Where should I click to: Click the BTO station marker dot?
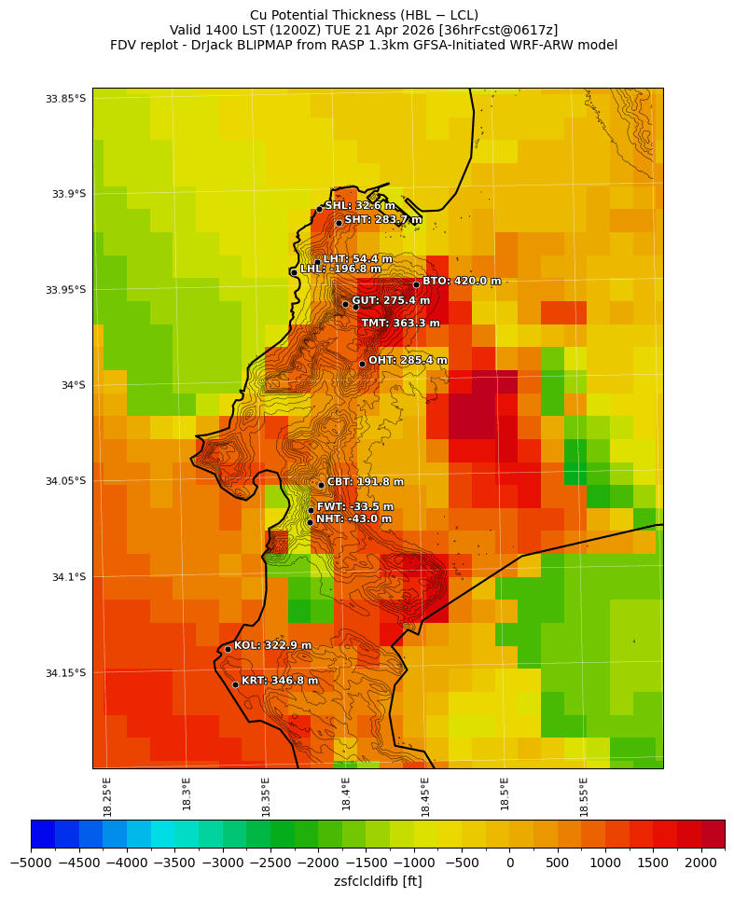(x=416, y=284)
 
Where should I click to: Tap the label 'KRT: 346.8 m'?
(x=280, y=681)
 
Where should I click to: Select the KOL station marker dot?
(x=228, y=649)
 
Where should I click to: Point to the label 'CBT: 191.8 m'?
(x=366, y=482)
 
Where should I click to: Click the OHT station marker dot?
(x=362, y=364)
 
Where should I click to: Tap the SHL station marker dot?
(x=319, y=209)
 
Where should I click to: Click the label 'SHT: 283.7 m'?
(x=383, y=220)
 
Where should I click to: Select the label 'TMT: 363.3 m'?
(x=400, y=324)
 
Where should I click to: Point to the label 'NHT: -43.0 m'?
(x=353, y=519)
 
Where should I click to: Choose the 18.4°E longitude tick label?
(x=346, y=797)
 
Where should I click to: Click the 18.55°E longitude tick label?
(x=585, y=797)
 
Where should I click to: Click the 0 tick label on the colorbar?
(x=509, y=862)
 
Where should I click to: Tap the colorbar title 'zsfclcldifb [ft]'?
(x=378, y=881)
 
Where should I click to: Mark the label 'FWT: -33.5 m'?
(x=355, y=507)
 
